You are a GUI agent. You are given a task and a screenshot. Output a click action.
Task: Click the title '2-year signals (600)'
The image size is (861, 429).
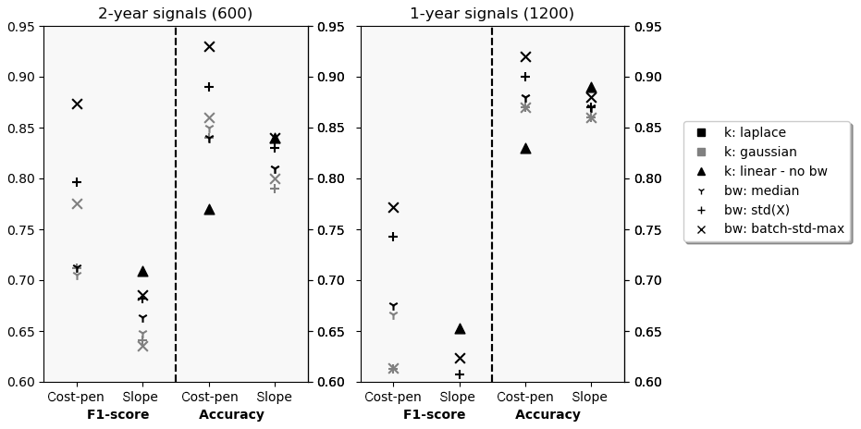(176, 14)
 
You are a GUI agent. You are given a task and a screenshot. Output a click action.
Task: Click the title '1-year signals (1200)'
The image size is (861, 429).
(492, 14)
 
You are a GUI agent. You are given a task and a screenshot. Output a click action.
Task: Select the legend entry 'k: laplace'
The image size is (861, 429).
(755, 133)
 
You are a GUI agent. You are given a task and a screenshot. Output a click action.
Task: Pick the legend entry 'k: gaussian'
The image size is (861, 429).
(760, 152)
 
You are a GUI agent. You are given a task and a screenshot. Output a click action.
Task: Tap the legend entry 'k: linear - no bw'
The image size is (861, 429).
(776, 171)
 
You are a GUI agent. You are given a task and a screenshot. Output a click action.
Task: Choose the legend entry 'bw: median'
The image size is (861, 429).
(761, 190)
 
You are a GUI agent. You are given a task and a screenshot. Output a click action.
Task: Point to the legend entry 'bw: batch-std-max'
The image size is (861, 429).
(783, 228)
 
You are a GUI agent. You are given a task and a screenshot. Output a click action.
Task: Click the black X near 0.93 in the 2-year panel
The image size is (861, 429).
(209, 46)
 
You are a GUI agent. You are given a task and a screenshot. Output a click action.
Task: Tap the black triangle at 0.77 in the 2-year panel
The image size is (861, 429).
(209, 210)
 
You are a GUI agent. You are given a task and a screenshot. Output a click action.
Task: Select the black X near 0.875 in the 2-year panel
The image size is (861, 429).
(77, 104)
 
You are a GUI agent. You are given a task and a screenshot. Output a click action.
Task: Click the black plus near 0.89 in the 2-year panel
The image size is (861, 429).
(209, 87)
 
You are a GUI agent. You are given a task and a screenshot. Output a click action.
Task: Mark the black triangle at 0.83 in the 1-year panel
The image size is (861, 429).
(525, 148)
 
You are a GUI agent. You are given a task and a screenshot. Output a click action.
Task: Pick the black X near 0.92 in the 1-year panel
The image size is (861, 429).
(525, 56)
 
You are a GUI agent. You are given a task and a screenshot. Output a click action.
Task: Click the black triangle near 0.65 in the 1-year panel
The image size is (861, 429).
(460, 328)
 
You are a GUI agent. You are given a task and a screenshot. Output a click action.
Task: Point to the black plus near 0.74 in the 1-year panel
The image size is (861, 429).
(393, 237)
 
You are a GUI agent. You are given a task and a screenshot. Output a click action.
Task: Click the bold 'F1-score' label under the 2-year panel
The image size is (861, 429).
(118, 415)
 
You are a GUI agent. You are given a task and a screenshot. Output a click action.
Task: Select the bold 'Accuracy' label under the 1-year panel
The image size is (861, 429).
(547, 415)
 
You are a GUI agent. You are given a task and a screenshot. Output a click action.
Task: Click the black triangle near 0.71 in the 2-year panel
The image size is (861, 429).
(142, 271)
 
